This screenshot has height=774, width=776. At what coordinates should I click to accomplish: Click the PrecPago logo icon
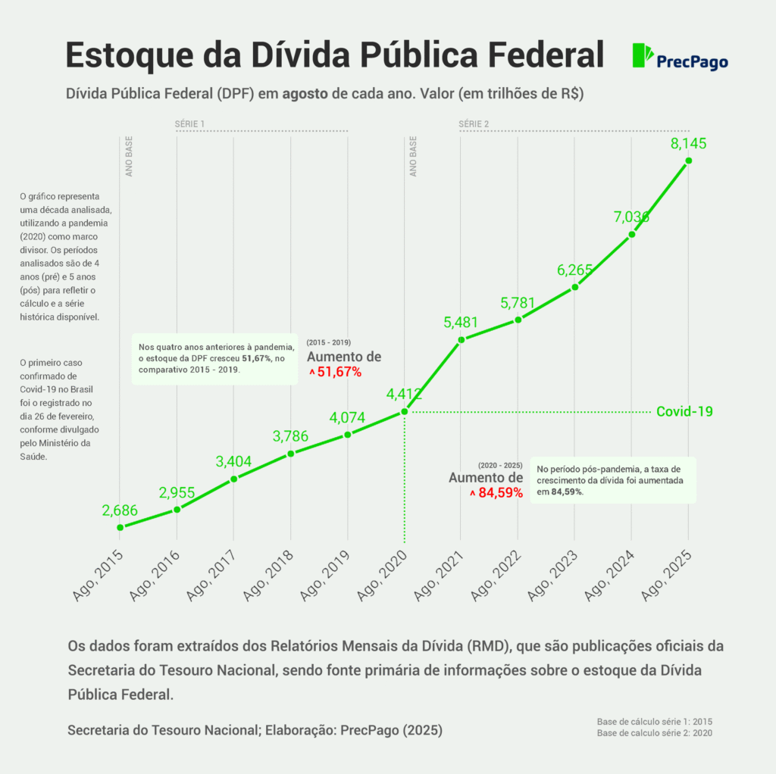tap(643, 55)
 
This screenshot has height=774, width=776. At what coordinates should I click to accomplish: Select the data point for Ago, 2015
tap(120, 527)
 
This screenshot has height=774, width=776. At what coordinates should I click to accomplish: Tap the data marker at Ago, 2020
tap(405, 411)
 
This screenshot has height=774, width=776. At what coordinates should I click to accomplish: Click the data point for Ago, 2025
tap(688, 161)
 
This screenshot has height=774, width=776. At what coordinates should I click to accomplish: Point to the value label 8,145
tap(688, 143)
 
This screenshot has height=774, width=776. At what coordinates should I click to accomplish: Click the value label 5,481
tap(461, 322)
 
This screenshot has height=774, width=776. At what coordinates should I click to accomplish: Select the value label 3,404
tap(233, 461)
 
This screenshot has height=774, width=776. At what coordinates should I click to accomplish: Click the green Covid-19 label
tap(684, 411)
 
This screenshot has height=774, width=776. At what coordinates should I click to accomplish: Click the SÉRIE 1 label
tap(189, 123)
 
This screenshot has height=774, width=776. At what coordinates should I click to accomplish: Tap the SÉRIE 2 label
tap(474, 123)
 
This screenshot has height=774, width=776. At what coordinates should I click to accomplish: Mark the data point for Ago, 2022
tap(518, 320)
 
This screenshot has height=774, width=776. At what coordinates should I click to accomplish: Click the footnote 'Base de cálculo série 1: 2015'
tap(654, 721)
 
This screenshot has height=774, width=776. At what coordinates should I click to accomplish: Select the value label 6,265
tap(574, 270)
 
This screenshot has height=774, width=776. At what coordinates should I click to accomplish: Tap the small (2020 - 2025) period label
tap(500, 464)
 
